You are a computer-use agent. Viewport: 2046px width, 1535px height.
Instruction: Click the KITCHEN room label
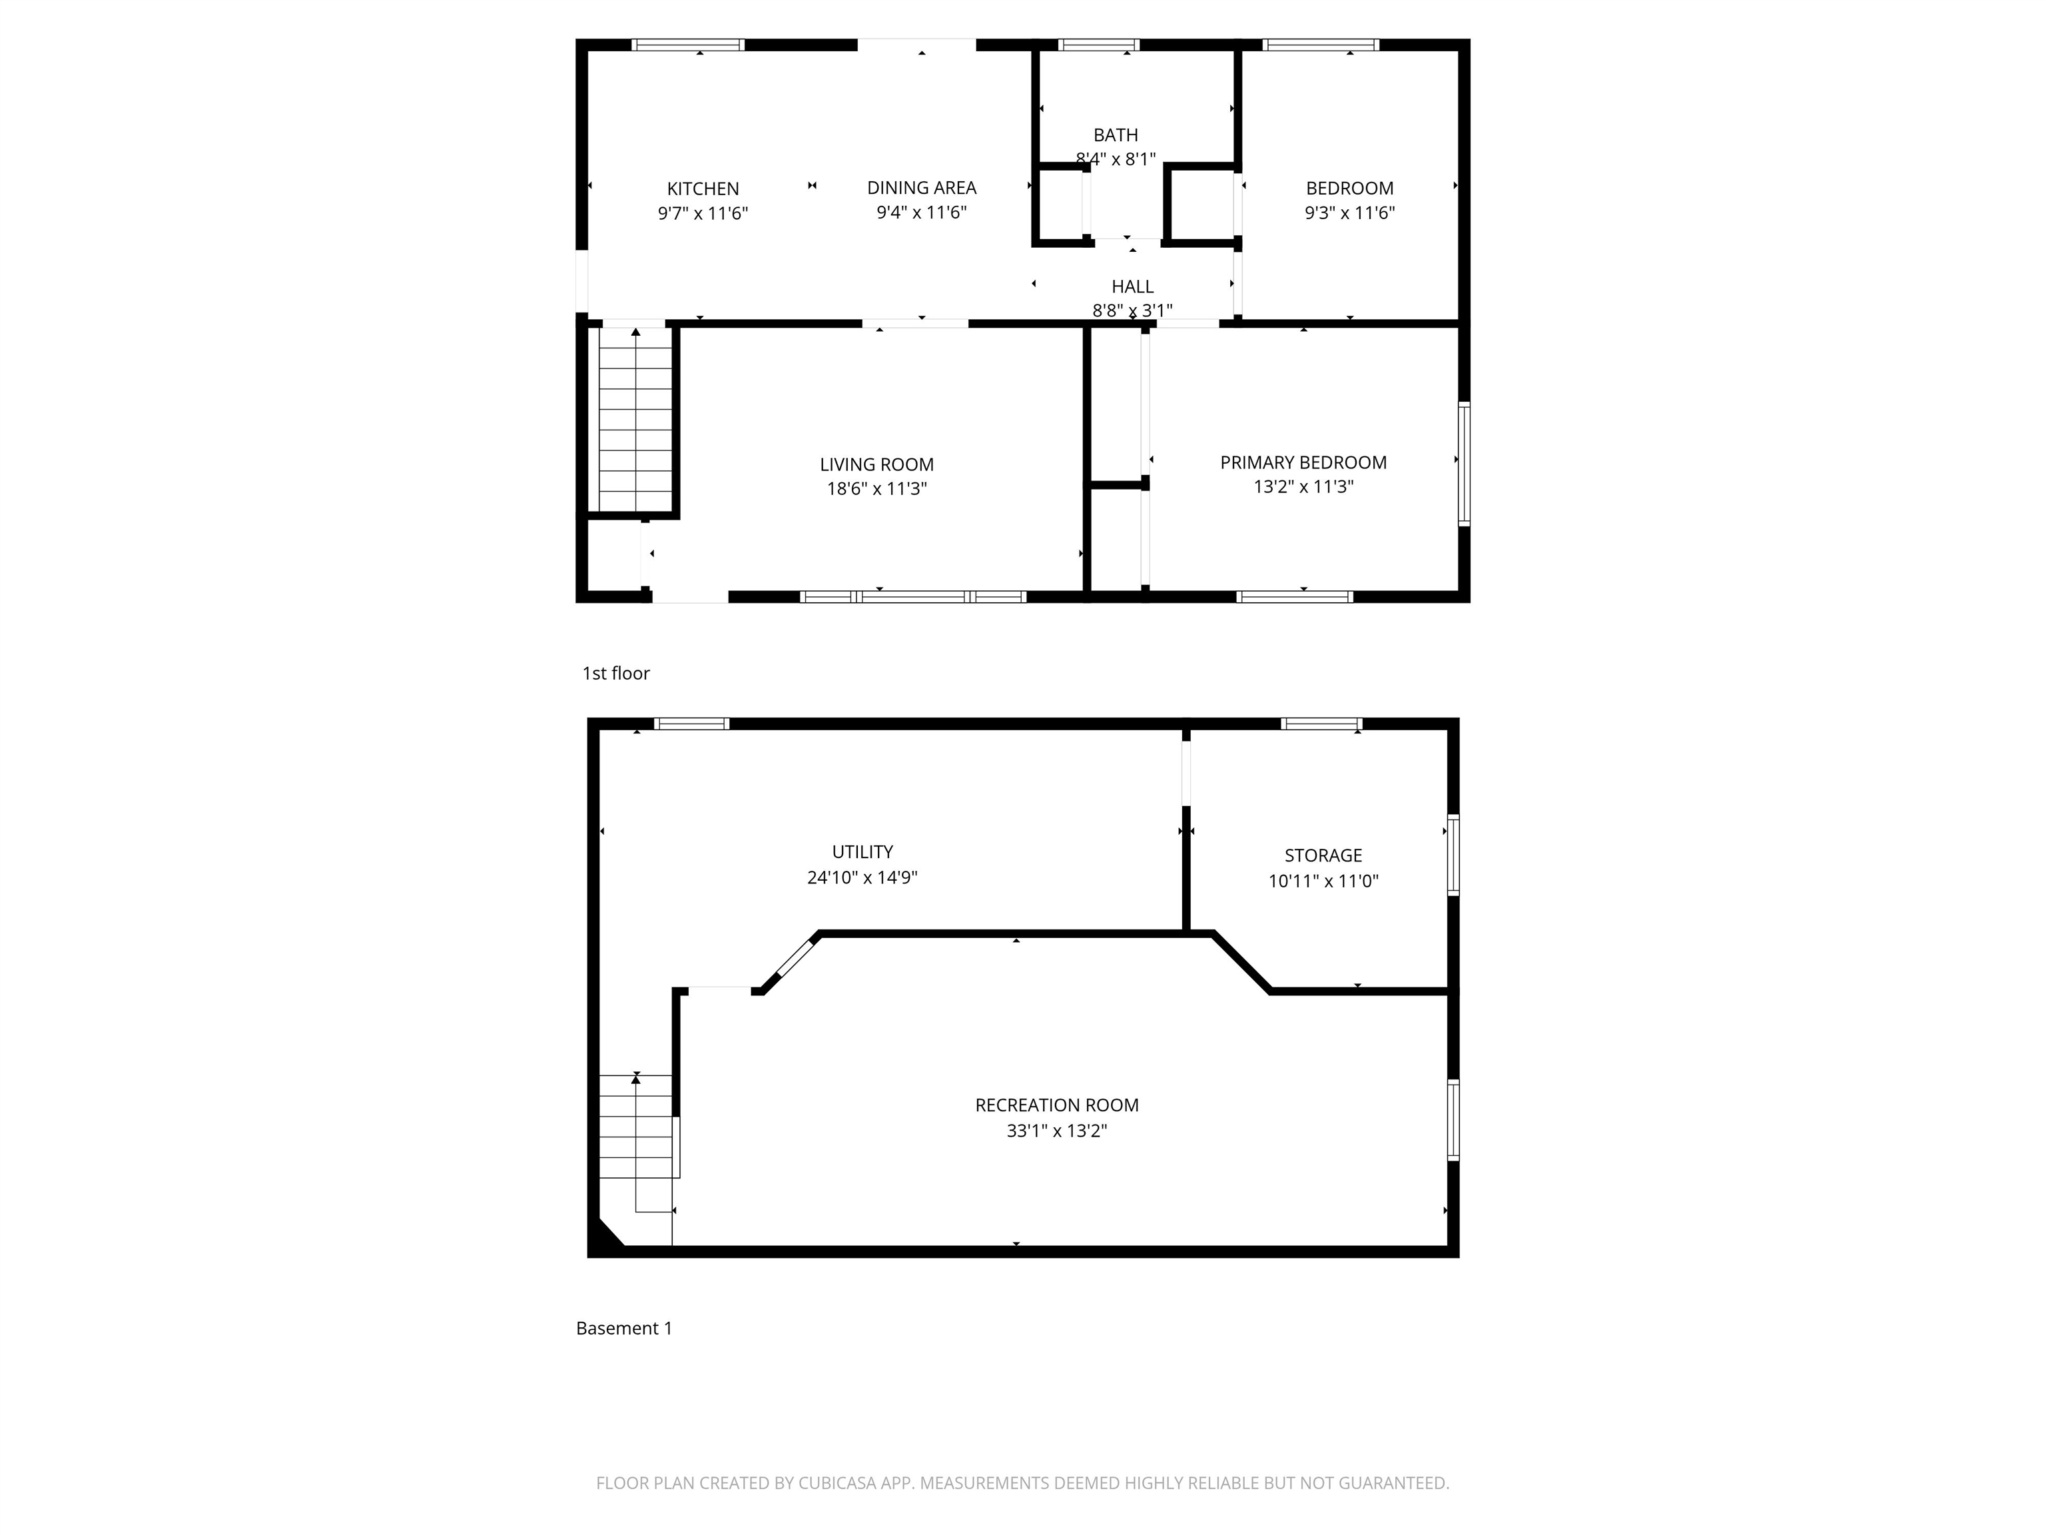[702, 189]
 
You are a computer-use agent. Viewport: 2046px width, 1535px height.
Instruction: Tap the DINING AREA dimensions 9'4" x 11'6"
[921, 213]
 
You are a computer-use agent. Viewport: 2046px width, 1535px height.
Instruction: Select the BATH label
[1116, 135]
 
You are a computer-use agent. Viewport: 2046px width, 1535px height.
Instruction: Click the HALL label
[1132, 287]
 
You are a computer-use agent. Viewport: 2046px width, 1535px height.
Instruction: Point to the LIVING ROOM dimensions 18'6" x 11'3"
[876, 488]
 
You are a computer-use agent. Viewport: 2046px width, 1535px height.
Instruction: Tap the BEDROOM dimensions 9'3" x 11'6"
[1349, 213]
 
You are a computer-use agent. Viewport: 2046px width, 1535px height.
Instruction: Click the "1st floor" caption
[615, 674]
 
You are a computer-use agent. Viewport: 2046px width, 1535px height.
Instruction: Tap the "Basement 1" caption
[623, 1328]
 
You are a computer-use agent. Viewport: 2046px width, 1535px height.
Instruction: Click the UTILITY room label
[862, 852]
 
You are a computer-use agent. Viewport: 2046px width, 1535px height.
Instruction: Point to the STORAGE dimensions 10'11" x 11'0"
[1323, 881]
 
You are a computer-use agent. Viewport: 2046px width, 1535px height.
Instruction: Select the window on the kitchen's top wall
[688, 45]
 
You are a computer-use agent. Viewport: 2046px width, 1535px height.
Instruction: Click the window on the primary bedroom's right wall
[1463, 464]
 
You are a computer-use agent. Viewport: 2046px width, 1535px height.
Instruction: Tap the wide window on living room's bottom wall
[913, 597]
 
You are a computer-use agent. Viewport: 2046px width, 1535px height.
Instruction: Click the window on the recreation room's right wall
[1452, 1119]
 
